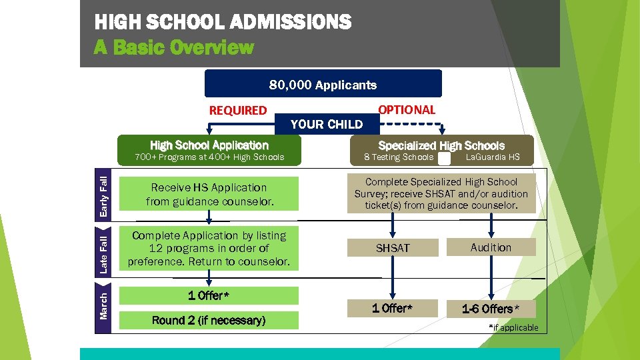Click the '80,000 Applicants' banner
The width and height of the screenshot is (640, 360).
(323, 85)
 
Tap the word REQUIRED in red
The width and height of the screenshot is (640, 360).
(238, 111)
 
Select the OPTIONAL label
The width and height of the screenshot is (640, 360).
(406, 110)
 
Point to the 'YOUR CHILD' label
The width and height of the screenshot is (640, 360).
(327, 124)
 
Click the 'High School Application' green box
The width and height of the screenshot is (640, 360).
(209, 145)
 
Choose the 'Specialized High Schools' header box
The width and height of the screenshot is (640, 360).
(441, 145)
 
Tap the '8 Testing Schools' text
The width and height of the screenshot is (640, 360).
(399, 157)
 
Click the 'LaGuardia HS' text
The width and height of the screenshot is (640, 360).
(493, 157)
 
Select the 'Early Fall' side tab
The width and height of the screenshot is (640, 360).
(104, 193)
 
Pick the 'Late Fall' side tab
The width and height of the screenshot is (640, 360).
(104, 253)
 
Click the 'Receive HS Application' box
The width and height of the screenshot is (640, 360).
(209, 194)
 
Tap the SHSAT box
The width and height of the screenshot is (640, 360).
(393, 248)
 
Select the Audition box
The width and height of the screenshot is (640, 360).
(491, 247)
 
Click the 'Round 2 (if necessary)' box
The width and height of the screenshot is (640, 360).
(209, 321)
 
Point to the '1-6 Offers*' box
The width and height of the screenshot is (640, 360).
(491, 309)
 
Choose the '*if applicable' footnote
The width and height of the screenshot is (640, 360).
(513, 327)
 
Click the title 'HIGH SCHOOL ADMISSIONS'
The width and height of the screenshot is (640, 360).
(223, 23)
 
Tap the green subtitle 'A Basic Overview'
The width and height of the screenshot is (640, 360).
(174, 47)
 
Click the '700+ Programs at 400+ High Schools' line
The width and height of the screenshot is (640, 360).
(209, 157)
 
